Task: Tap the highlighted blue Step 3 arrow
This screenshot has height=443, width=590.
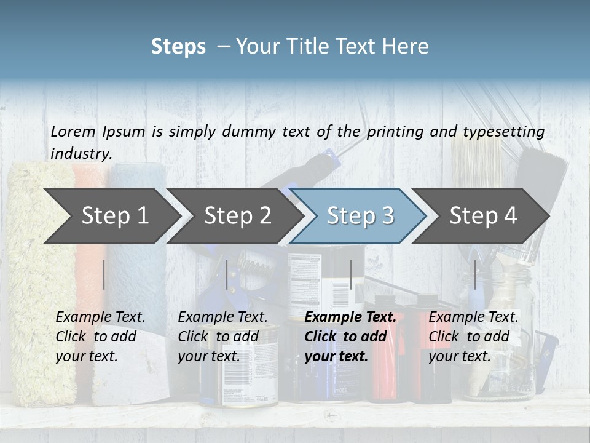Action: (360, 215)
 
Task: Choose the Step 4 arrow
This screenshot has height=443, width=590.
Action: (483, 215)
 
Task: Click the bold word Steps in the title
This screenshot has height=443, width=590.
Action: (178, 47)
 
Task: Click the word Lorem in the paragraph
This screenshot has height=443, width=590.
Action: (73, 131)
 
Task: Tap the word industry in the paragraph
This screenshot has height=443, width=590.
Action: (81, 154)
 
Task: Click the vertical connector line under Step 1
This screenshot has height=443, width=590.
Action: (103, 274)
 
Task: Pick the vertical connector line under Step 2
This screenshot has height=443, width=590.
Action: (227, 274)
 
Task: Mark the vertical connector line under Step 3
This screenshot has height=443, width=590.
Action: (350, 274)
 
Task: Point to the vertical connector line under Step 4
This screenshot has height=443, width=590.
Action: (474, 274)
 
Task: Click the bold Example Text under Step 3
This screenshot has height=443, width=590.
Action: (350, 317)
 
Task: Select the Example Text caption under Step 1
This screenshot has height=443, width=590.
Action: (100, 317)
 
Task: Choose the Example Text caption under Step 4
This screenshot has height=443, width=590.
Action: (473, 317)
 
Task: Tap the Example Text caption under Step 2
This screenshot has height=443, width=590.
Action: (222, 317)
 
